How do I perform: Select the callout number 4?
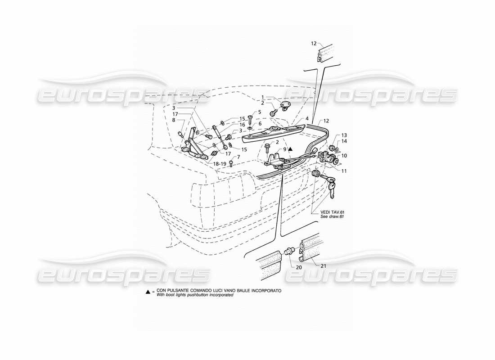tap(307, 119)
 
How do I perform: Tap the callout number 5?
tap(260, 112)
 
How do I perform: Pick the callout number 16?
tap(242, 125)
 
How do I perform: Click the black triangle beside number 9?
tap(291, 148)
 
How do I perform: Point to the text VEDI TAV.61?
tap(333, 211)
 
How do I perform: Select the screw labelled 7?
tap(231, 163)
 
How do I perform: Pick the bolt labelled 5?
tap(251, 117)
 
